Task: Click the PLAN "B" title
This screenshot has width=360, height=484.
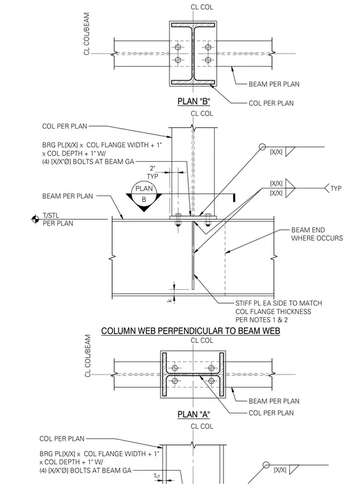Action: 194,101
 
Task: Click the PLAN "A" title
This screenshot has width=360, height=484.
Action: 194,414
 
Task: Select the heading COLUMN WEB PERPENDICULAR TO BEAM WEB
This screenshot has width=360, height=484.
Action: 191,331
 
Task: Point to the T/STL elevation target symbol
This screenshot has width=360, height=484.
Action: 35,219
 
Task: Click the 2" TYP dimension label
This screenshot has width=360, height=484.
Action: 152,172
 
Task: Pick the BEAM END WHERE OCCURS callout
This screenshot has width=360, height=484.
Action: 317,234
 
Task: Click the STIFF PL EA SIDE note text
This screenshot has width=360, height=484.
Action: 278,311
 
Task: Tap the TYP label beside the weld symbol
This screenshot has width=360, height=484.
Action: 336,189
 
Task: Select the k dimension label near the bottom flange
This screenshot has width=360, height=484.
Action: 169,300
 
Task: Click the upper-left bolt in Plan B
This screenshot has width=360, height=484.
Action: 178,47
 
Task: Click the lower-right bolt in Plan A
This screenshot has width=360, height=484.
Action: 211,381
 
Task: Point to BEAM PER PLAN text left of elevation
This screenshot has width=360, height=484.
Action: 68,196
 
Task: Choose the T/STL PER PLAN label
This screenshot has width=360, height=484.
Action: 58,219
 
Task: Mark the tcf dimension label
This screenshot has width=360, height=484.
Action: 157,476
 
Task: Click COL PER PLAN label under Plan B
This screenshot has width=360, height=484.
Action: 271,103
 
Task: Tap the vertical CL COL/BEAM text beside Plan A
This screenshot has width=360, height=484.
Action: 87,355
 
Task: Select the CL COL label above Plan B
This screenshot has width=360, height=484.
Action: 201,7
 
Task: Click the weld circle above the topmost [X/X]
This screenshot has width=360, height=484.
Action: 262,147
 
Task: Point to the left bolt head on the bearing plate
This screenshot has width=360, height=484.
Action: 178,215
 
